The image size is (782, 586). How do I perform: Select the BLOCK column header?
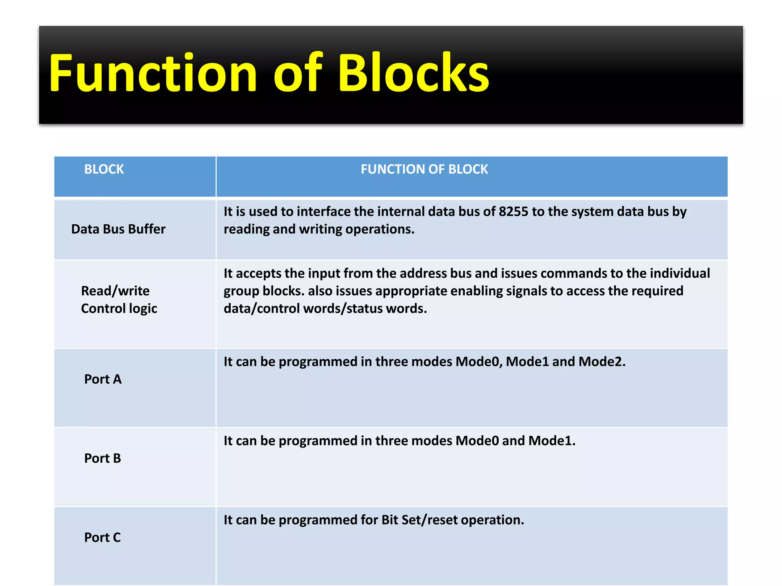coord(104,169)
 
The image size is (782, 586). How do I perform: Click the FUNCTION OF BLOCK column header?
coord(424,169)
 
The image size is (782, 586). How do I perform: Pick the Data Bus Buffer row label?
coord(118,229)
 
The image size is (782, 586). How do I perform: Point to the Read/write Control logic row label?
coord(119,299)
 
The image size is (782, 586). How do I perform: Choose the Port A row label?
coord(103,379)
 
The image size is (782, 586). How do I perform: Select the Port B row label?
coord(102,458)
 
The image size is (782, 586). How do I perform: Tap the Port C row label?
coord(102,537)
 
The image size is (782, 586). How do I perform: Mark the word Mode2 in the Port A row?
coord(602,361)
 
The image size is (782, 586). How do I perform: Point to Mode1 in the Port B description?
coord(551,441)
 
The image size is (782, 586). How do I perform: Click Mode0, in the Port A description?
coord(479,361)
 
